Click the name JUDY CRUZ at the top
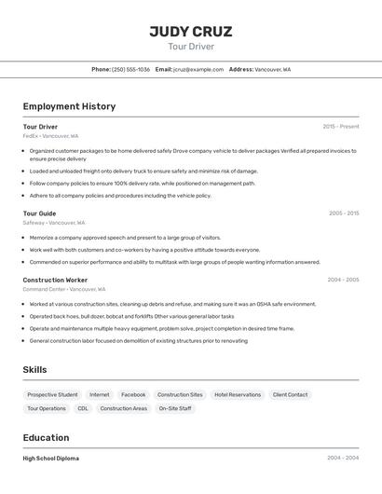pos(191,32)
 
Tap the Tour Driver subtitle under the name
pos(191,46)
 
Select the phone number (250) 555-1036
pos(130,70)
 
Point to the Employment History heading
pos(69,106)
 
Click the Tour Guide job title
pos(39,213)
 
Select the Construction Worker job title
pos(55,280)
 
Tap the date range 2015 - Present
pos(340,127)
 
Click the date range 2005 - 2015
pos(343,213)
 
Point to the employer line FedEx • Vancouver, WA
pos(50,136)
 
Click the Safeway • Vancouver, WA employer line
pos(53,223)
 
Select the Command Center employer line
pos(64,289)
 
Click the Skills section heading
pos(34,370)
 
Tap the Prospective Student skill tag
pos(52,394)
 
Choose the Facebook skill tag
pos(133,394)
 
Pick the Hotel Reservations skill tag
pos(238,394)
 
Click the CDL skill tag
pos(83,408)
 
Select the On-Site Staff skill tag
pos(174,408)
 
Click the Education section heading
pos(46,437)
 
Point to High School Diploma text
pos(50,459)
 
